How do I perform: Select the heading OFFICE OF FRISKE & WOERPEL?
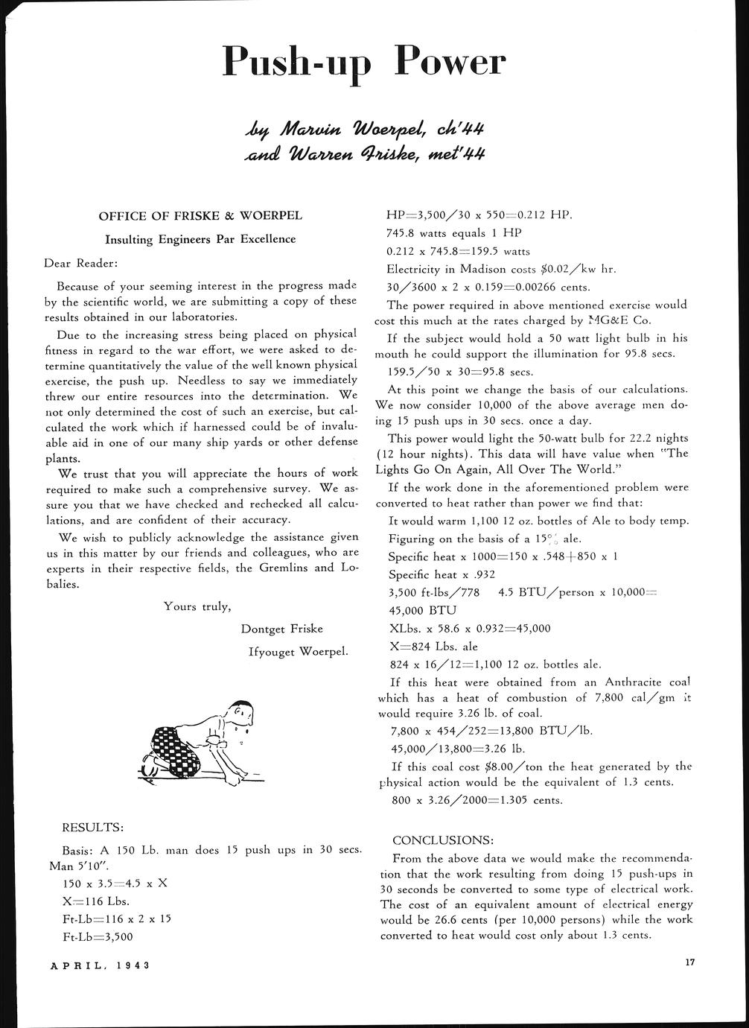point(200,216)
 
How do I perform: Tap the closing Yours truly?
point(197,606)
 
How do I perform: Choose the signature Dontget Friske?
point(282,629)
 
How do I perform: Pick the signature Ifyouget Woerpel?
point(299,652)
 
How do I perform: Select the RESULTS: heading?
point(92,827)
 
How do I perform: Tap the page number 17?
point(689,962)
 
